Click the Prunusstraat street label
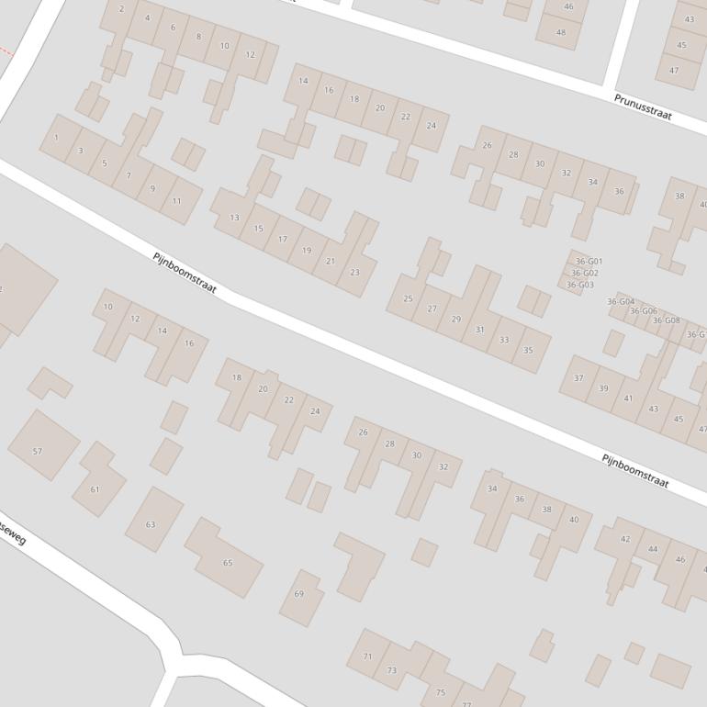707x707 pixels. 644,106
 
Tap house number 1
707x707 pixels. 57,139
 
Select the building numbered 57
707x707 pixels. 38,451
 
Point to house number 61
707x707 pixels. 95,489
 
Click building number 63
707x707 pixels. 151,525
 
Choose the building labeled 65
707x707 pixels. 228,563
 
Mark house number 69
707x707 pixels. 298,594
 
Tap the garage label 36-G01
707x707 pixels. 589,262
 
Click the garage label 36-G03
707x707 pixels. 580,285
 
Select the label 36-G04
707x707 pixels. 621,301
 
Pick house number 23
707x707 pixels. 355,272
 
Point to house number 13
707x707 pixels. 234,218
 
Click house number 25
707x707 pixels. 408,298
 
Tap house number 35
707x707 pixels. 528,350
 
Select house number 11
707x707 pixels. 176,200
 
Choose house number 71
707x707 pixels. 368,656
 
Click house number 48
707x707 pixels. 561,32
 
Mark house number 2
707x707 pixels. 121,9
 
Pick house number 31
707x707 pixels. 479,330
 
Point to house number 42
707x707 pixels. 625,539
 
